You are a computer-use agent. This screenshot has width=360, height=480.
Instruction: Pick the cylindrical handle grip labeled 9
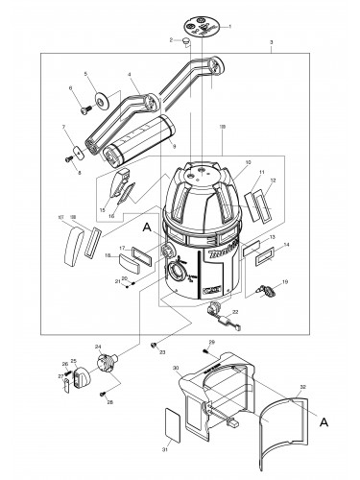[137, 134]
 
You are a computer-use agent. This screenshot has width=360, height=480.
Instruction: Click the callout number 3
[272, 43]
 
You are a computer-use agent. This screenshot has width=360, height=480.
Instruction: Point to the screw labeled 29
[203, 351]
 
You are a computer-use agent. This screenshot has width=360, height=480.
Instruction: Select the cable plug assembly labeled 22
[216, 310]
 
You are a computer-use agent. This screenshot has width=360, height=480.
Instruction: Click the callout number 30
[176, 367]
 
